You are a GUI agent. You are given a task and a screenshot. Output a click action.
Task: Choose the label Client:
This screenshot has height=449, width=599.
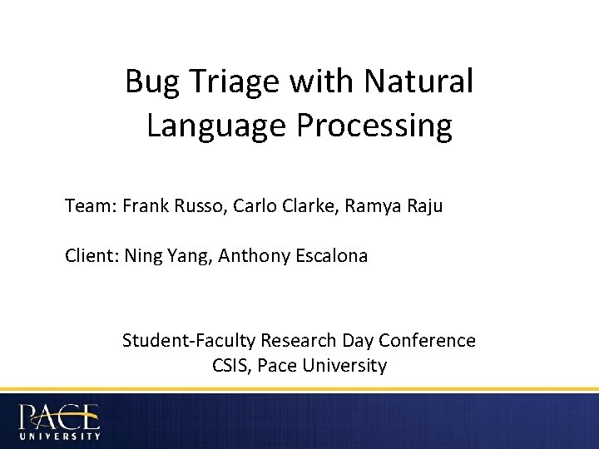92,256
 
